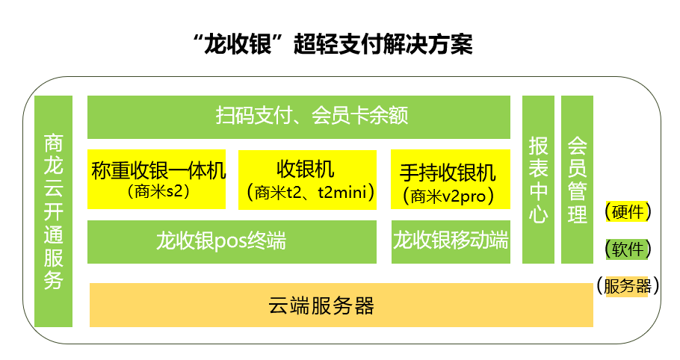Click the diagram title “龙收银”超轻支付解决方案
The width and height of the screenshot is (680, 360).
[x=333, y=45]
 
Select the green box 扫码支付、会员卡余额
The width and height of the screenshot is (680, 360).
[x=299, y=117]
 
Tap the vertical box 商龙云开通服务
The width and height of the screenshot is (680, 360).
[x=53, y=211]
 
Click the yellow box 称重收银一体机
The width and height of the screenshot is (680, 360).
[x=157, y=179]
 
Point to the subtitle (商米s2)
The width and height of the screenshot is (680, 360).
[x=158, y=191]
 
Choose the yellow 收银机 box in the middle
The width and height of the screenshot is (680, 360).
[x=307, y=180]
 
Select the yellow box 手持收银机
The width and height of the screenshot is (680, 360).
[x=451, y=179]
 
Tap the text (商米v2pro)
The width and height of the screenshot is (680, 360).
[x=448, y=196]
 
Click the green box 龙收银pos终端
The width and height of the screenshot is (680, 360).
[x=232, y=242]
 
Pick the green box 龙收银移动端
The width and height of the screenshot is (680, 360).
[x=451, y=242]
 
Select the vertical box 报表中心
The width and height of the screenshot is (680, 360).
[x=538, y=179]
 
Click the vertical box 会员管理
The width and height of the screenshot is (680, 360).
[x=577, y=179]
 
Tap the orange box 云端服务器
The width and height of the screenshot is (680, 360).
[x=341, y=305]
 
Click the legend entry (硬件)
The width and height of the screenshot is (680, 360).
[x=628, y=212]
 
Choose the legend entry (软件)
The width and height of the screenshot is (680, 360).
[x=628, y=249]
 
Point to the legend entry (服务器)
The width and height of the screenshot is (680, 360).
[x=628, y=286]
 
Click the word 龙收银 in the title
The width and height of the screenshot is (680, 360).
[x=238, y=45]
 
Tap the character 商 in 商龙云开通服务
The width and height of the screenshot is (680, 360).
[x=53, y=143]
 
